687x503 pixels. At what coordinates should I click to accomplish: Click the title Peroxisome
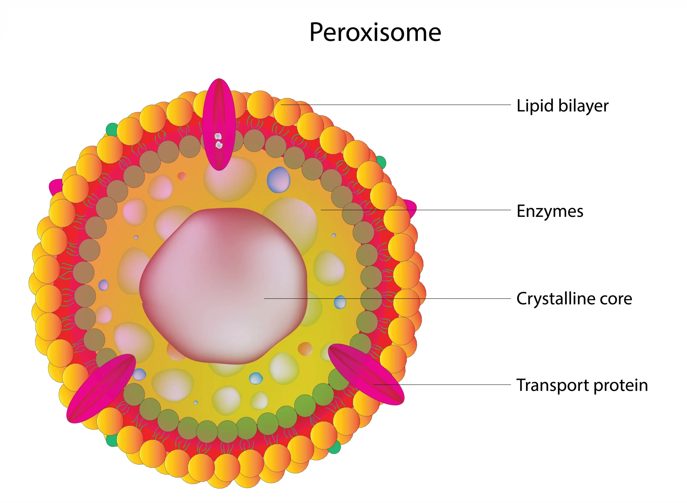coord(375,32)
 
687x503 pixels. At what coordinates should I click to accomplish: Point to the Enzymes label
coord(550,211)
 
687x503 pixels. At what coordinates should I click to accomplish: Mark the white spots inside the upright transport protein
coord(218,140)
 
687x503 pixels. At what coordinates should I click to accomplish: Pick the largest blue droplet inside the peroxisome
coord(278,180)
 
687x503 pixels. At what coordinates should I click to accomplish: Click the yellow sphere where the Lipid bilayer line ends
coord(287,111)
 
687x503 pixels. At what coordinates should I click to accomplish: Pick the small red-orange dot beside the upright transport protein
coord(182,176)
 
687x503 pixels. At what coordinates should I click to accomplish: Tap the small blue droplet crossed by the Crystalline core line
coord(340,302)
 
